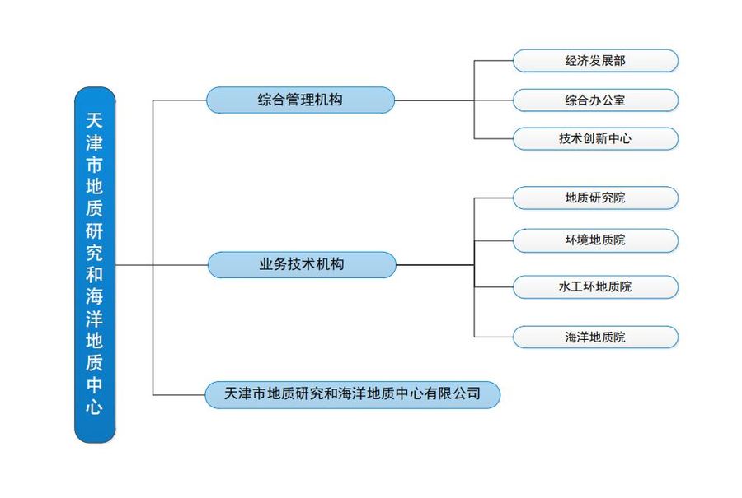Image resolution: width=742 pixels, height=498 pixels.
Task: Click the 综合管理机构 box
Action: (300, 100)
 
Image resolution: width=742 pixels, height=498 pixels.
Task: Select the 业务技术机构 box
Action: (301, 264)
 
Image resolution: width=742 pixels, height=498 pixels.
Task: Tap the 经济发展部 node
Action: (595, 61)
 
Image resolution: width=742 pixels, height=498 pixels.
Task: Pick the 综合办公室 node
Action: (595, 100)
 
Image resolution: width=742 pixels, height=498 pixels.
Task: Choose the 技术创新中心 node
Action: (595, 139)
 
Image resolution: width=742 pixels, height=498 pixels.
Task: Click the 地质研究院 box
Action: (595, 198)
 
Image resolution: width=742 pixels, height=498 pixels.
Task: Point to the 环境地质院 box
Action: (595, 240)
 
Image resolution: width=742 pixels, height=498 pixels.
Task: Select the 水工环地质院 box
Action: (595, 286)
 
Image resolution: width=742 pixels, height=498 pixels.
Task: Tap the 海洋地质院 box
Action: (595, 337)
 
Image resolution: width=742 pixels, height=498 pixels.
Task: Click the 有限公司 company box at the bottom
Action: (352, 394)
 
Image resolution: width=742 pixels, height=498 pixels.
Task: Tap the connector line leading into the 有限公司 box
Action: (179, 395)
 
